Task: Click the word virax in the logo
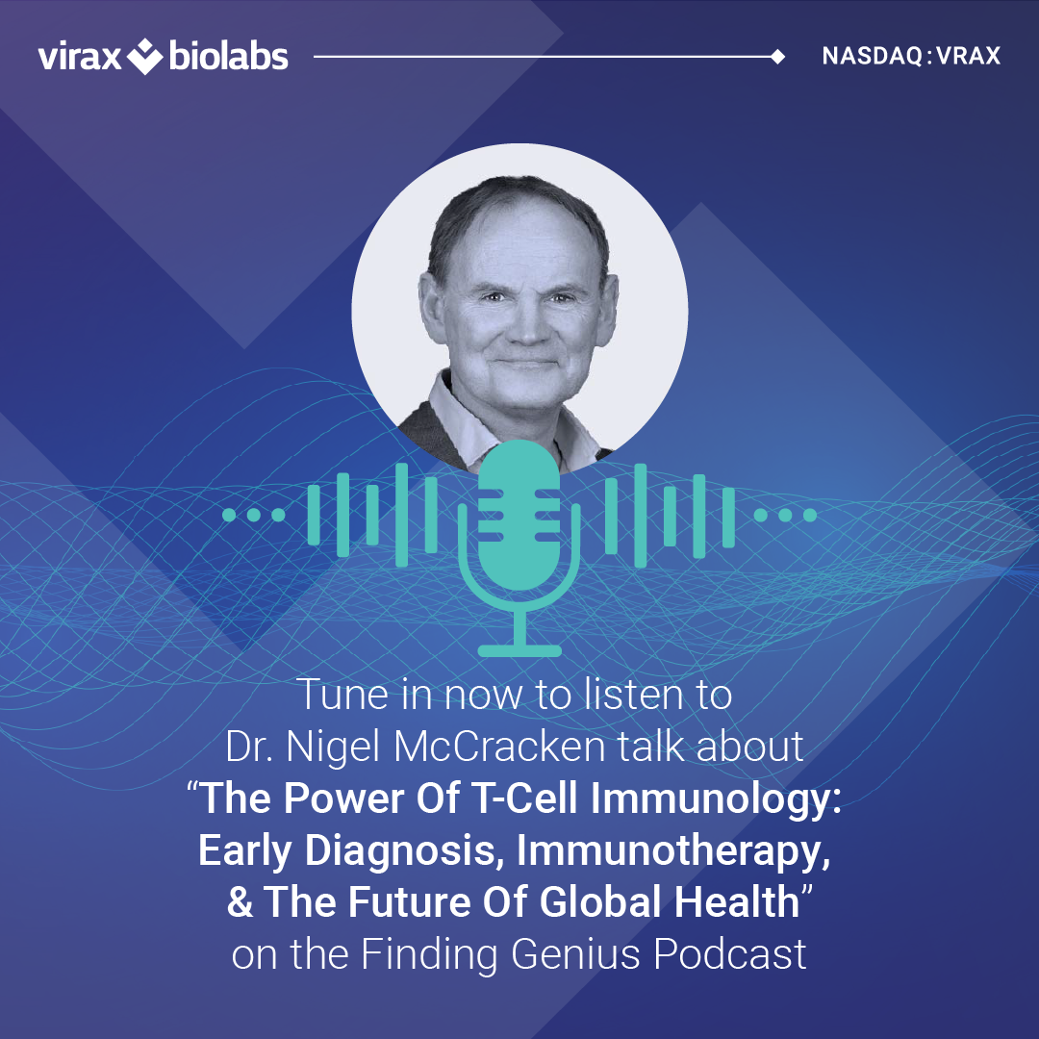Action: click(80, 57)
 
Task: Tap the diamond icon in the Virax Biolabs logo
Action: click(144, 57)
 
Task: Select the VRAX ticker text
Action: click(968, 56)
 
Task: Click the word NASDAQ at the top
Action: click(872, 56)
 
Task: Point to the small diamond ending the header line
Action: click(778, 57)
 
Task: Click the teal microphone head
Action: click(519, 515)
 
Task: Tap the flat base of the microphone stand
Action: click(519, 650)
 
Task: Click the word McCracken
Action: click(499, 747)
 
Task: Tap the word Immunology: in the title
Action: click(716, 798)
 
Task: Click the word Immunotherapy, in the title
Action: click(673, 850)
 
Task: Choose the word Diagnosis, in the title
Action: click(401, 850)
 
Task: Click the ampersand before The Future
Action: click(240, 902)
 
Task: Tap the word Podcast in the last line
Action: click(729, 954)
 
